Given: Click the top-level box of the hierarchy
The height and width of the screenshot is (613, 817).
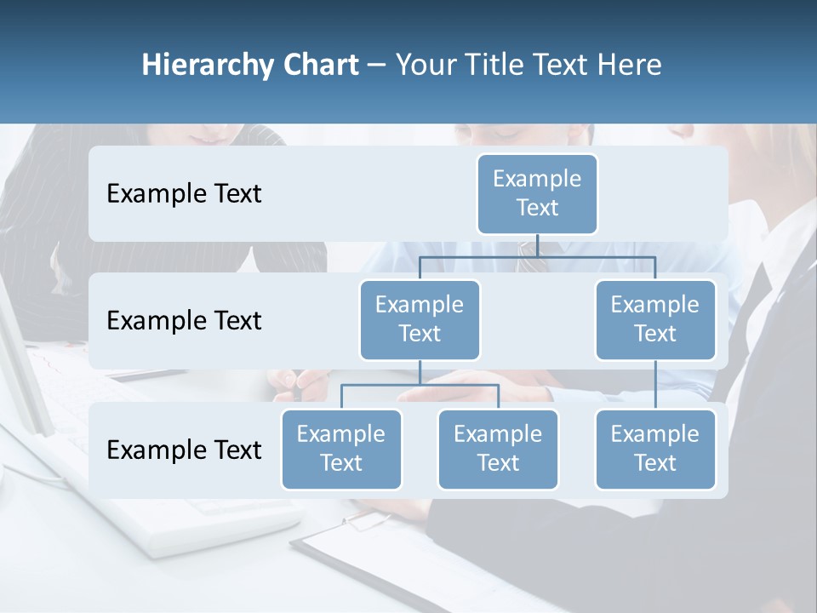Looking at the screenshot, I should click(537, 193).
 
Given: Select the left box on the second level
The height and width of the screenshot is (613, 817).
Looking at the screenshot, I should click(420, 319).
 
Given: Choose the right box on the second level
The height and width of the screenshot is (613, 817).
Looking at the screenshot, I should click(655, 319).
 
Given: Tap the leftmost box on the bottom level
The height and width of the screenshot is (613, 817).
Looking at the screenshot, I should click(341, 449).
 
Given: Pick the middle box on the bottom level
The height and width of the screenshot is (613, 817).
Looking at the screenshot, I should click(498, 449).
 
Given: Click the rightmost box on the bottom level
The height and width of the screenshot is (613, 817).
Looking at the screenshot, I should click(655, 449).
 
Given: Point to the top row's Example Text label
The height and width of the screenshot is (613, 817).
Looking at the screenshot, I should click(184, 194).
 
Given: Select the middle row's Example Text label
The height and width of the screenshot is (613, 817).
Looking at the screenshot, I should click(184, 321).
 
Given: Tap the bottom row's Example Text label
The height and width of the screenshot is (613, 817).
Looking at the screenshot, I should click(184, 450).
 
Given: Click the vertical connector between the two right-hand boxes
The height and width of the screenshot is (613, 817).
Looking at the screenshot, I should click(655, 385).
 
